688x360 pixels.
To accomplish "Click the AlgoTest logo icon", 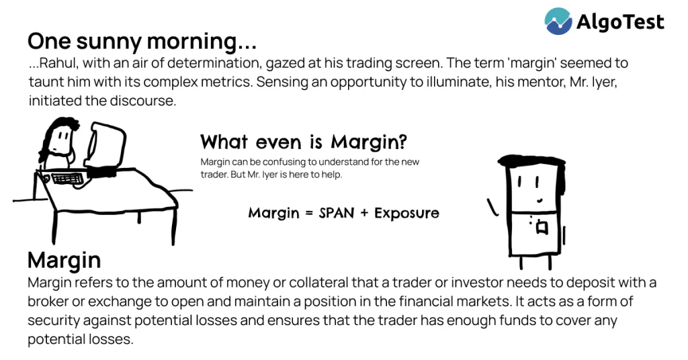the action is [558, 21].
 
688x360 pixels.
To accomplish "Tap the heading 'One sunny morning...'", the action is [142, 42].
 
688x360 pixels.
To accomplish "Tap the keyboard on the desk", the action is [67, 179].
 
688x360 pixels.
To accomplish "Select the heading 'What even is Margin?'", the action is [304, 142].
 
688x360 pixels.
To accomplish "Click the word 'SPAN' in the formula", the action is [337, 213].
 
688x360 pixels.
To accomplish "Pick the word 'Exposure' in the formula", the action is [406, 214].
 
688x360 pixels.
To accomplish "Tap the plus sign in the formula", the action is [364, 214].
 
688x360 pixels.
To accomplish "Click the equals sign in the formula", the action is [309, 214].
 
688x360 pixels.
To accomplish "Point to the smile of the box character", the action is [540, 201].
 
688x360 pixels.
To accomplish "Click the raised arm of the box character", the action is [492, 207].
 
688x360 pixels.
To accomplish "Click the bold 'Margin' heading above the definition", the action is [64, 260].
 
